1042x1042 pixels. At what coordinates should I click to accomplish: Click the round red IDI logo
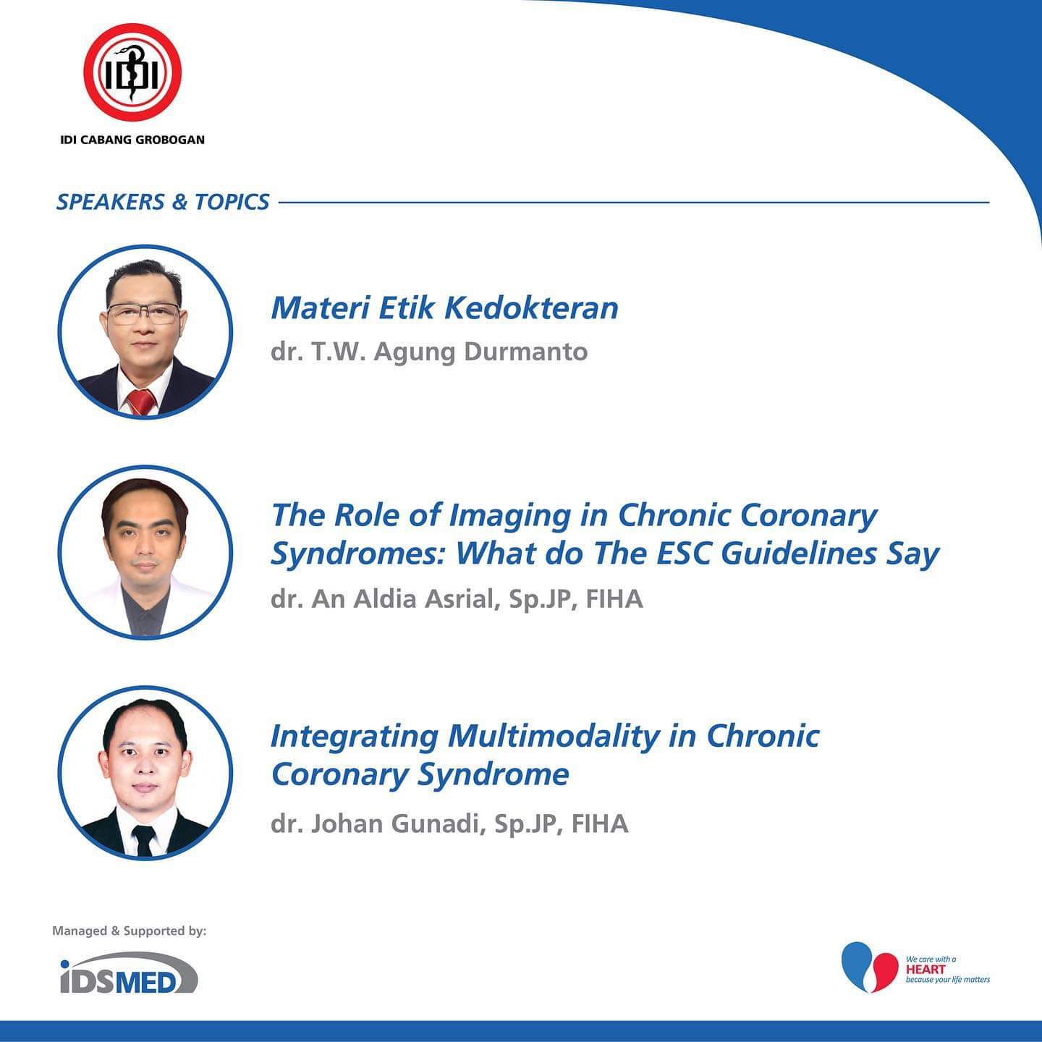132,72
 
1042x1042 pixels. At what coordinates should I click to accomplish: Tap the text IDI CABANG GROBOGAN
132,140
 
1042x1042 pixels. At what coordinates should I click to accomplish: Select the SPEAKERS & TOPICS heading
163,202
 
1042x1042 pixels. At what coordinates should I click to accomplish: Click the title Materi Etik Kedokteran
444,308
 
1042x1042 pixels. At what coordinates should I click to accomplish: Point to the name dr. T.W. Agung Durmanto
429,352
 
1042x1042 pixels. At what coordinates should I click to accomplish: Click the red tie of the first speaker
142,402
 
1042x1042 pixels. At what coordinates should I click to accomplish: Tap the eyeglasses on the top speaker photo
144,313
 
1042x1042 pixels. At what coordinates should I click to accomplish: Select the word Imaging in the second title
510,516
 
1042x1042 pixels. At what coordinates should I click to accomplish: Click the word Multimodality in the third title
553,737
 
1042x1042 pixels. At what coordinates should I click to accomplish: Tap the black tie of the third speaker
144,840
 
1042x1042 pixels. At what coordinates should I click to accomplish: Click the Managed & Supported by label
130,931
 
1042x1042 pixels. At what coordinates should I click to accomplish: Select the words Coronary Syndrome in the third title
420,774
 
